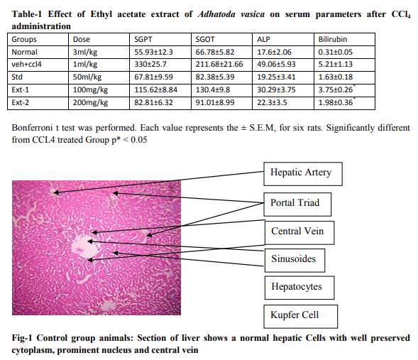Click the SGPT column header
143,40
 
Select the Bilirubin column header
333,40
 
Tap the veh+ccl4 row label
26,65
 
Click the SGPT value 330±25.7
150,65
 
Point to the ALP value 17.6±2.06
274,52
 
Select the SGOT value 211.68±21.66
219,65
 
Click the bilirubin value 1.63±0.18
336,77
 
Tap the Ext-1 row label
21,90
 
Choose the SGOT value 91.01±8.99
215,103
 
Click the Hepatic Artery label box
303,173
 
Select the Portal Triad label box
297,204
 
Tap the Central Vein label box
299,232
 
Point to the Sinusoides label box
295,261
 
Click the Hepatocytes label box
299,288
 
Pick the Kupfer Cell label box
300,316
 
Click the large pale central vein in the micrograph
84,247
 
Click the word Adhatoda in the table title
216,14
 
